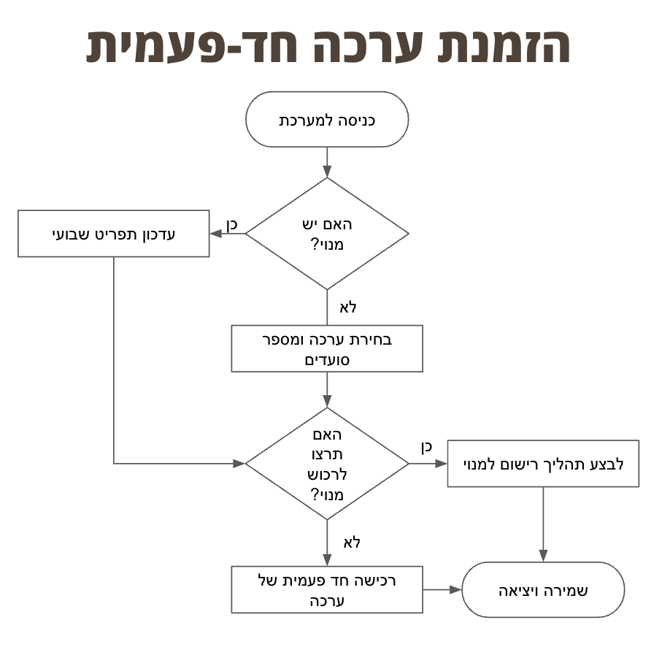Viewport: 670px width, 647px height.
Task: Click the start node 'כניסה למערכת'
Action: [327, 120]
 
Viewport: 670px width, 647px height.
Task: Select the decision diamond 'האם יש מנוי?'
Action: [327, 234]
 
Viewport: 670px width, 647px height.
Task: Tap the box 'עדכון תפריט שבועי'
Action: [114, 234]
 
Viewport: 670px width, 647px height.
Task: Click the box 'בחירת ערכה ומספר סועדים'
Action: [327, 349]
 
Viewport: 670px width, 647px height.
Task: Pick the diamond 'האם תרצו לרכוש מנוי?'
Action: [327, 464]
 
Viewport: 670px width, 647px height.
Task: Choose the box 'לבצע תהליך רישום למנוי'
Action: [543, 464]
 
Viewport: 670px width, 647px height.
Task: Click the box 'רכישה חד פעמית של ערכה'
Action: [327, 590]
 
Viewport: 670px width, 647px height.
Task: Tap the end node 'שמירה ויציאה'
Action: [543, 590]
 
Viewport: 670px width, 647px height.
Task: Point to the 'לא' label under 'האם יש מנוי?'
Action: [348, 307]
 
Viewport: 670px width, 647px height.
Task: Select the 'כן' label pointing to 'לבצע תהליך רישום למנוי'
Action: [426, 447]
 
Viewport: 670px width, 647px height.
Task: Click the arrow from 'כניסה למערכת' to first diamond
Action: [327, 162]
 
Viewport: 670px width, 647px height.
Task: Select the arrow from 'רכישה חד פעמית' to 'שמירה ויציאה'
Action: [442, 590]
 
